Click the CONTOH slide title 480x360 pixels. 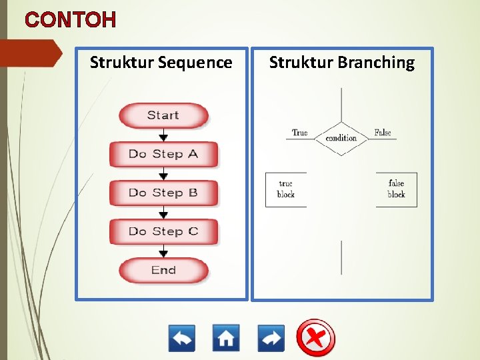coord(71,20)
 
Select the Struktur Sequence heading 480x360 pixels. coord(161,63)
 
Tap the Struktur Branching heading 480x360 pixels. coord(341,63)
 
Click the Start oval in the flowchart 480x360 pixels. coord(163,115)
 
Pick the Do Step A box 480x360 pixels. coord(163,154)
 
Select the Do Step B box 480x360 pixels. coord(163,193)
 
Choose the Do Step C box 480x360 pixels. coord(163,231)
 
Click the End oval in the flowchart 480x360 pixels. coord(163,270)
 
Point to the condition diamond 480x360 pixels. coord(341,139)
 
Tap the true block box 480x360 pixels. coord(285,189)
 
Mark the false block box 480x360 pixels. coord(396,189)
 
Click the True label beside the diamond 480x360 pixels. coord(300,133)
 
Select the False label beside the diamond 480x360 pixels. coord(383,133)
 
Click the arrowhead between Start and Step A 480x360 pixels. coord(163,138)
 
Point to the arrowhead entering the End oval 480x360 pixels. coord(163,254)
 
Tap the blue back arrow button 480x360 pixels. coord(182,338)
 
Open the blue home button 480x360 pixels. coord(226,338)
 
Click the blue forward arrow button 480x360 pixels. coord(271,338)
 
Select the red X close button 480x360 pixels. coord(316,338)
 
